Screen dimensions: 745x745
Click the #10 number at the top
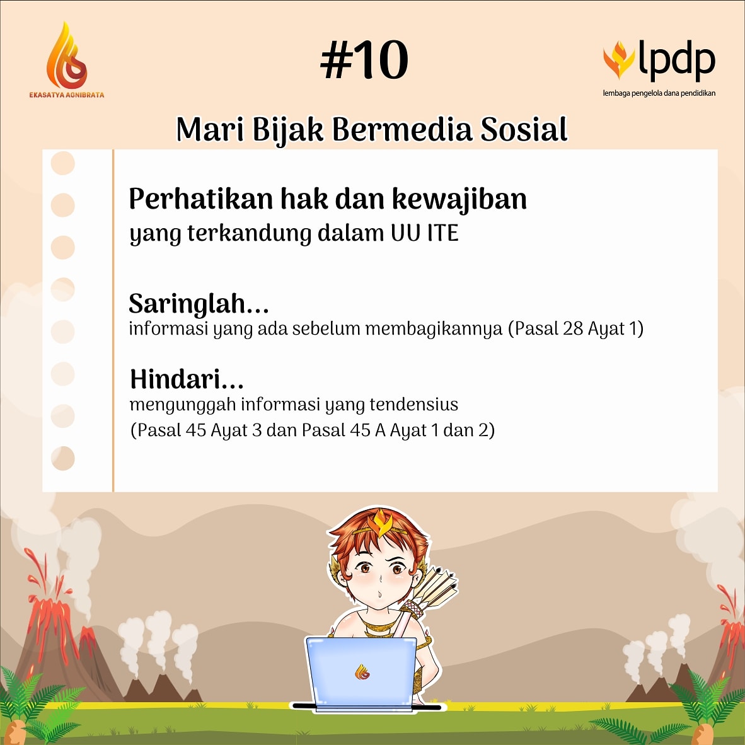coord(364,61)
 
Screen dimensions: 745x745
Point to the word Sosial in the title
coord(524,130)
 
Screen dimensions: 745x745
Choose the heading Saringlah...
coord(199,304)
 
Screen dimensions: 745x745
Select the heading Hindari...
coord(187,379)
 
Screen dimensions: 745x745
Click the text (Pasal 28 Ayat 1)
coord(575,328)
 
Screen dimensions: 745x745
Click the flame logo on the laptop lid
coord(362,672)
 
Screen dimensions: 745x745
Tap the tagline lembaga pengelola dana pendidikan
coord(659,93)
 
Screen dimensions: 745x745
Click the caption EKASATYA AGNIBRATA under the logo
coord(66,95)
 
